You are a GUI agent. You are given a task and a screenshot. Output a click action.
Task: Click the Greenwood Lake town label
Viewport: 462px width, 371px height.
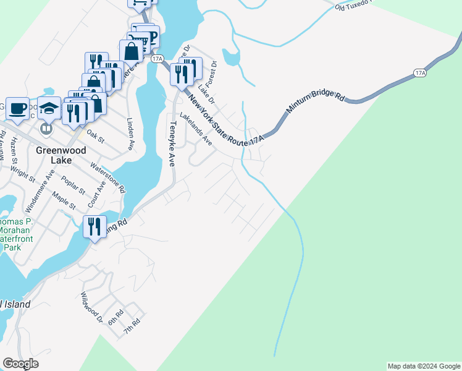tap(62, 155)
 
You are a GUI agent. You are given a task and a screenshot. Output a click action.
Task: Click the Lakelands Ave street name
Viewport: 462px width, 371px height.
tap(196, 129)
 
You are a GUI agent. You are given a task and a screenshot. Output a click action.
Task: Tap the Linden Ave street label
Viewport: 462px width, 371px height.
tap(130, 134)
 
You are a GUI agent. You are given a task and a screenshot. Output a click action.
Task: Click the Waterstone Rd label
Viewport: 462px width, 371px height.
tap(108, 177)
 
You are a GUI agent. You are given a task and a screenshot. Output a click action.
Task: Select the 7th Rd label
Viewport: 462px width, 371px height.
tap(132, 325)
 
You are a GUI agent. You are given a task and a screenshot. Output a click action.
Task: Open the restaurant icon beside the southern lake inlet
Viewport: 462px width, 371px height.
tap(94, 226)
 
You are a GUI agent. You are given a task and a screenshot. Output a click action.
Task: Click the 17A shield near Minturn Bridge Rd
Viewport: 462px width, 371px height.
tap(420, 73)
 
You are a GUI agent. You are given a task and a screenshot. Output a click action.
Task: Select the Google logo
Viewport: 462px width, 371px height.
tap(20, 364)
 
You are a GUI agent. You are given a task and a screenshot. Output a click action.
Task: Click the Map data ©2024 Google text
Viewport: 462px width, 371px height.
tap(424, 366)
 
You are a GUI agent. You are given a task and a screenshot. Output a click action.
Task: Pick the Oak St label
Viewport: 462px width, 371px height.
tap(96, 135)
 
